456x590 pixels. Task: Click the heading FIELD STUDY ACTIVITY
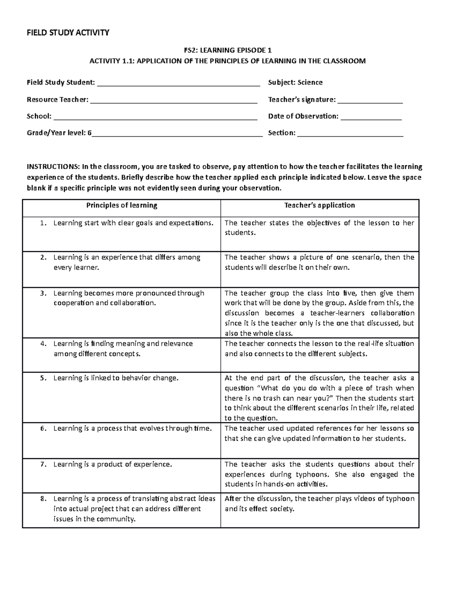click(68, 33)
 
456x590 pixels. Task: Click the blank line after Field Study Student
click(179, 85)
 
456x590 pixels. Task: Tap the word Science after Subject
click(310, 82)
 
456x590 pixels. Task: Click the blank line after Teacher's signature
click(370, 102)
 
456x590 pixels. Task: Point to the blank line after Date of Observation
click(371, 119)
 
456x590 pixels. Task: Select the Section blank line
click(350, 136)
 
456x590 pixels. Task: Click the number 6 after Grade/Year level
click(90, 133)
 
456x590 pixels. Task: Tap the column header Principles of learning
click(122, 206)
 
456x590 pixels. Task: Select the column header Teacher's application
click(320, 206)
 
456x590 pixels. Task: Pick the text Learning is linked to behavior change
click(116, 378)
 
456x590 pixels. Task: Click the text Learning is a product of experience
click(112, 464)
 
